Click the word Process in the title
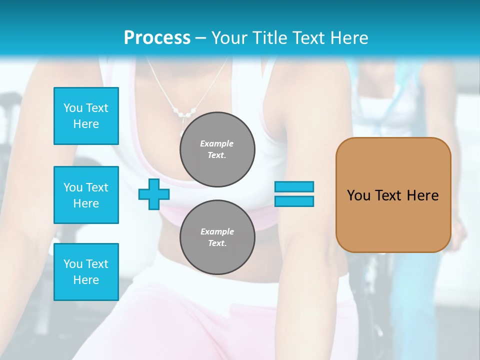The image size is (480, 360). [x=157, y=38]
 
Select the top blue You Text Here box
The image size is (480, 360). [x=86, y=116]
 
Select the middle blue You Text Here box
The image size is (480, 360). [x=86, y=195]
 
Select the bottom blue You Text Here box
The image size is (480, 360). [x=86, y=272]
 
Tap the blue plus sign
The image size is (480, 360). [x=153, y=194]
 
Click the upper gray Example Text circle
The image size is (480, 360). [x=217, y=149]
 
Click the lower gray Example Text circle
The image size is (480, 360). [x=217, y=237]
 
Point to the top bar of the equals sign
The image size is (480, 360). [x=294, y=186]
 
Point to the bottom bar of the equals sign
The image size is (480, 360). [x=294, y=201]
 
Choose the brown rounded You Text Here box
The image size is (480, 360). [x=393, y=194]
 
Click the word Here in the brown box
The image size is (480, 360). [x=422, y=195]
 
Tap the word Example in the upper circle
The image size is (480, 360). [x=216, y=143]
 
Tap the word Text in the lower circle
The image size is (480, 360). [x=216, y=243]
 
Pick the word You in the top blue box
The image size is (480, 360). [x=72, y=108]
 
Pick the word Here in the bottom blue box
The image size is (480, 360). [x=86, y=280]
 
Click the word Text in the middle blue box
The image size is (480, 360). [x=97, y=187]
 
